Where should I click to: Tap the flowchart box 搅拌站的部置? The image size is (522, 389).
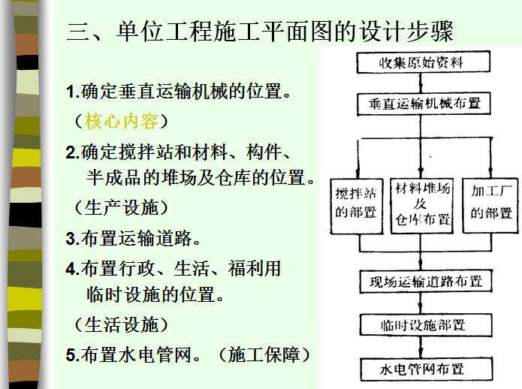point(356,201)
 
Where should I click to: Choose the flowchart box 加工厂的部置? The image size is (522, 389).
point(491,201)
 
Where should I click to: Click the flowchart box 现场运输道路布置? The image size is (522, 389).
point(425,282)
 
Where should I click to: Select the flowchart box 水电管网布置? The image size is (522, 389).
point(423,368)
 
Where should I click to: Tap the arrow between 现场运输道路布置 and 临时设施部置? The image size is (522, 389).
point(424,303)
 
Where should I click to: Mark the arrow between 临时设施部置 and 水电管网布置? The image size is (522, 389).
point(424,346)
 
